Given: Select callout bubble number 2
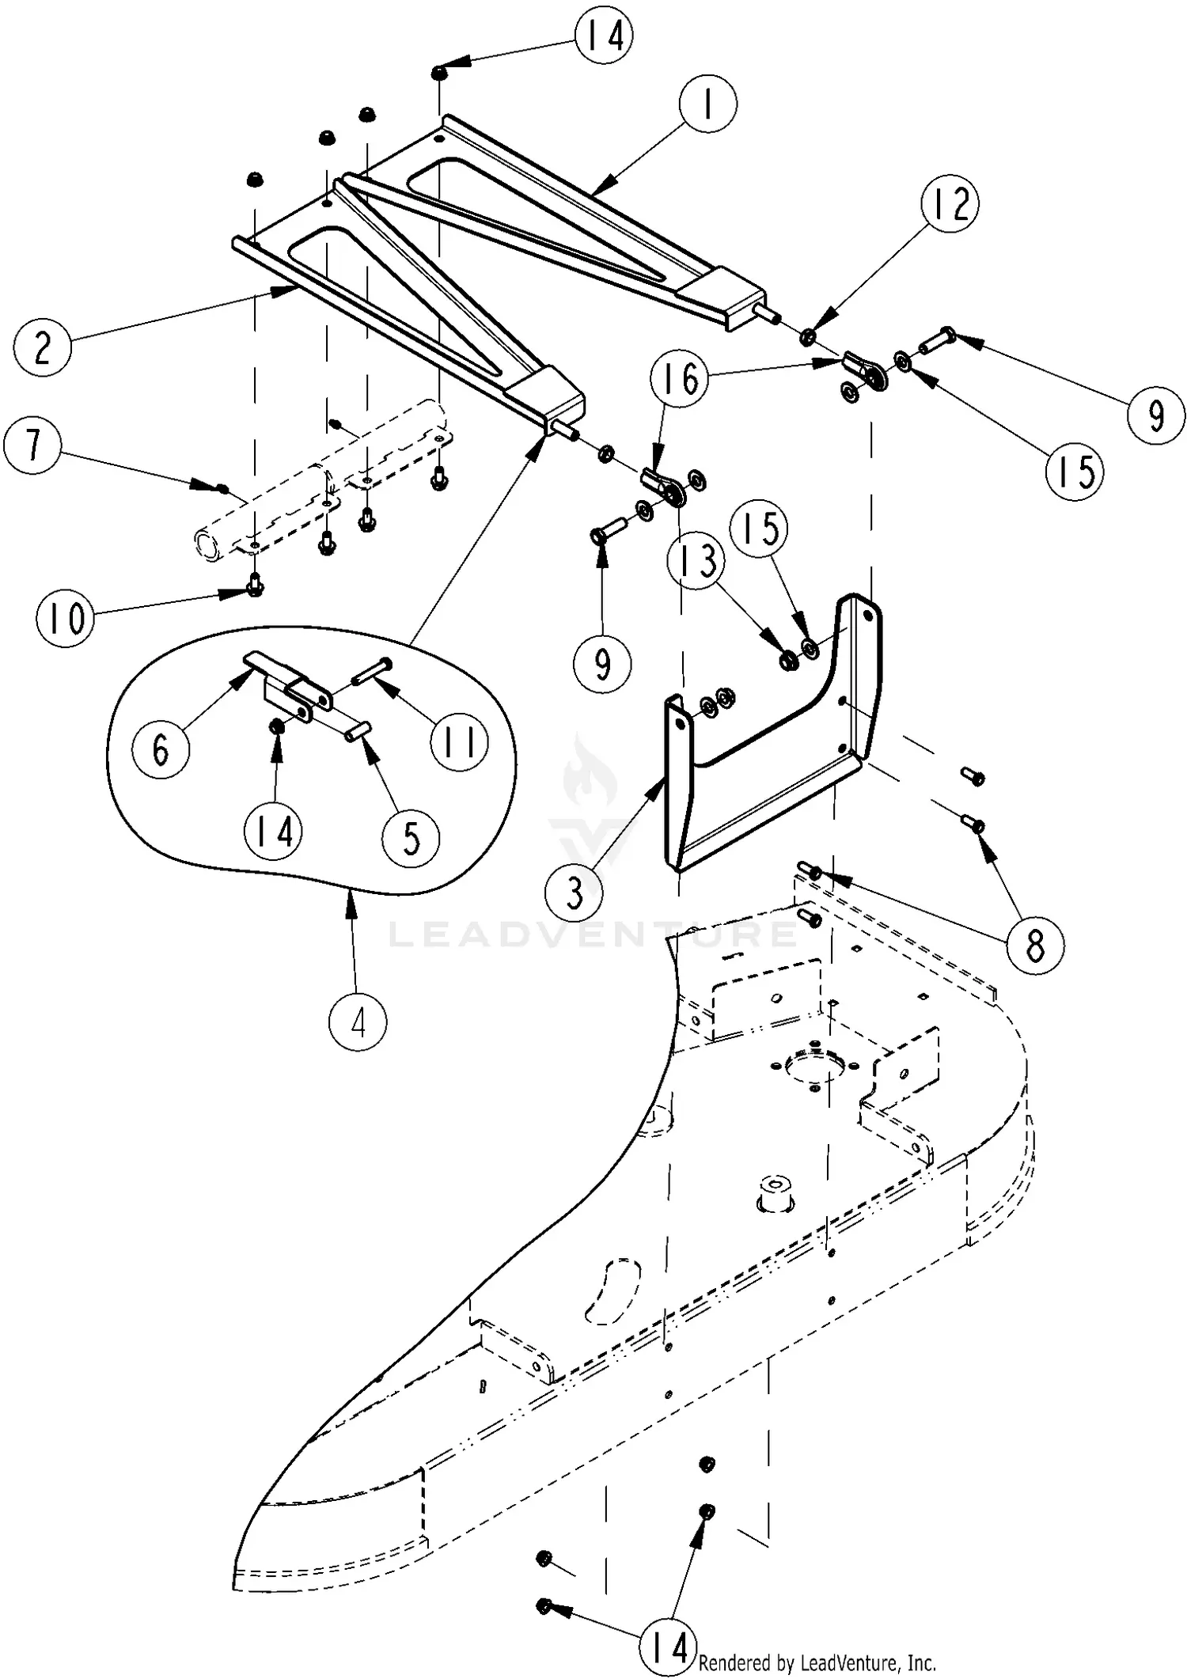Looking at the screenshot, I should pyautogui.click(x=43, y=346).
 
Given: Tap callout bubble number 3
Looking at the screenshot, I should pyautogui.click(x=574, y=893).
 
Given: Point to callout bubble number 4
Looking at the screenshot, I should pyautogui.click(x=358, y=1023).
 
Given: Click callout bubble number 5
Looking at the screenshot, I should pyautogui.click(x=411, y=836).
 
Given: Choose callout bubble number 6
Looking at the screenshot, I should pyautogui.click(x=161, y=749).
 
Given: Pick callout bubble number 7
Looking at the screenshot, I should pyautogui.click(x=32, y=445).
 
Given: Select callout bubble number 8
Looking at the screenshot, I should pyautogui.click(x=1034, y=945).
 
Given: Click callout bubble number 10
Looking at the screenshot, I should pyautogui.click(x=66, y=617).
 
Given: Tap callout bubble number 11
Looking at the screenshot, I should pyautogui.click(x=460, y=742).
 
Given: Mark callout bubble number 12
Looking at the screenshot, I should pyautogui.click(x=950, y=203).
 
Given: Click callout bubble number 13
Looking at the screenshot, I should pyautogui.click(x=697, y=560).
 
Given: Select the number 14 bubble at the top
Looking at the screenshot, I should pyautogui.click(x=604, y=36).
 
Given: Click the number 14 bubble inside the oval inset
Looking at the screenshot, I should pyautogui.click(x=274, y=832).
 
